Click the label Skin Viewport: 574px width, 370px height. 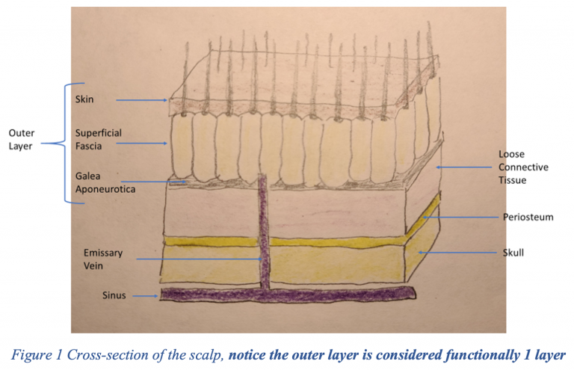(84, 99)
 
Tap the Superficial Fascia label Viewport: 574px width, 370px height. (99, 140)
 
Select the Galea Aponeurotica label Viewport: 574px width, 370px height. (105, 182)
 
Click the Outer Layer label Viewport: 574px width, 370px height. (21, 140)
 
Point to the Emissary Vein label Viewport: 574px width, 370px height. (103, 259)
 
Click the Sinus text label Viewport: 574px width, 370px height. (114, 295)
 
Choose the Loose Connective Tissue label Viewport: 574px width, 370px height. (523, 167)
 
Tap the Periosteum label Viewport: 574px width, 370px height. (528, 217)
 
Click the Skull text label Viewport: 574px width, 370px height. (513, 253)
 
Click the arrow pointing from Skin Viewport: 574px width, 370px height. (142, 100)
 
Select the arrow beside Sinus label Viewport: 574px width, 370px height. (145, 296)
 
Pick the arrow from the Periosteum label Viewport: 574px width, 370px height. (460, 218)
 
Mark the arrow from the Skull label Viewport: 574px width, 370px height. (458, 253)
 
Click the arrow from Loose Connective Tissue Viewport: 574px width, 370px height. (464, 167)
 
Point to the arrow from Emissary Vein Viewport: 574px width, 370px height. (199, 259)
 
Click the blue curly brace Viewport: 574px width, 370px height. (65, 143)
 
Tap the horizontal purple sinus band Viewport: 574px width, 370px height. (288, 295)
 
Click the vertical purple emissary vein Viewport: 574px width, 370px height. (263, 231)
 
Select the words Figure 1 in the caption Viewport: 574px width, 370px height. (37, 355)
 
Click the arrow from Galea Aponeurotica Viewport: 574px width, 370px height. (153, 182)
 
